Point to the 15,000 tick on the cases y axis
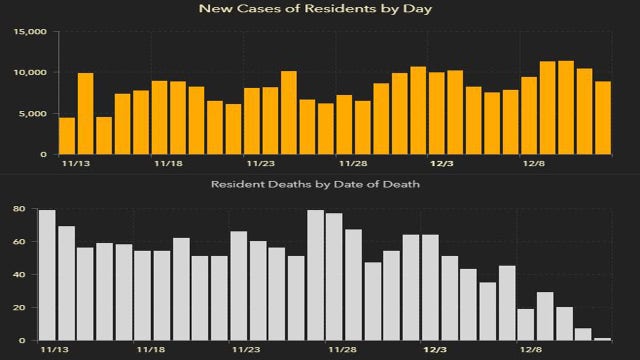click(x=29, y=32)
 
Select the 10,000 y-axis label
click(x=29, y=73)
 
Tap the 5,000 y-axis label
click(x=32, y=114)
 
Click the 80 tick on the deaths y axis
click(x=18, y=209)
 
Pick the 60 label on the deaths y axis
click(x=18, y=242)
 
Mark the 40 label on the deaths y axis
click(x=18, y=275)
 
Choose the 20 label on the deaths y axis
click(x=18, y=308)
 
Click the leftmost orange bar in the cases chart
click(x=67, y=136)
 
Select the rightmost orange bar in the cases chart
click(x=603, y=118)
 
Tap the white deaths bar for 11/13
click(x=47, y=275)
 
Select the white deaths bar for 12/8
click(x=526, y=325)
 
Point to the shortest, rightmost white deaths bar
click(x=602, y=339)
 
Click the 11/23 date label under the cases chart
click(x=260, y=164)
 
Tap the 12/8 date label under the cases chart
click(x=534, y=164)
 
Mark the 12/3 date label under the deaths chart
click(x=434, y=351)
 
